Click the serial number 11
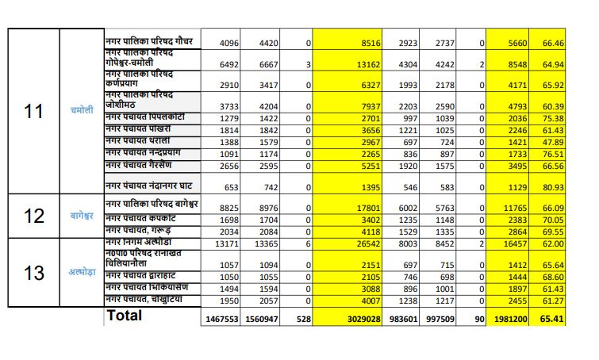pos(33,111)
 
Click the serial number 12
pos(33,214)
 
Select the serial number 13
pos(33,273)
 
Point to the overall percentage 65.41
pos(551,318)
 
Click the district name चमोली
pos(82,110)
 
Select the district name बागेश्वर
pos(82,214)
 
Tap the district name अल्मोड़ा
pos(82,272)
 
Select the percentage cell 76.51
pos(552,152)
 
